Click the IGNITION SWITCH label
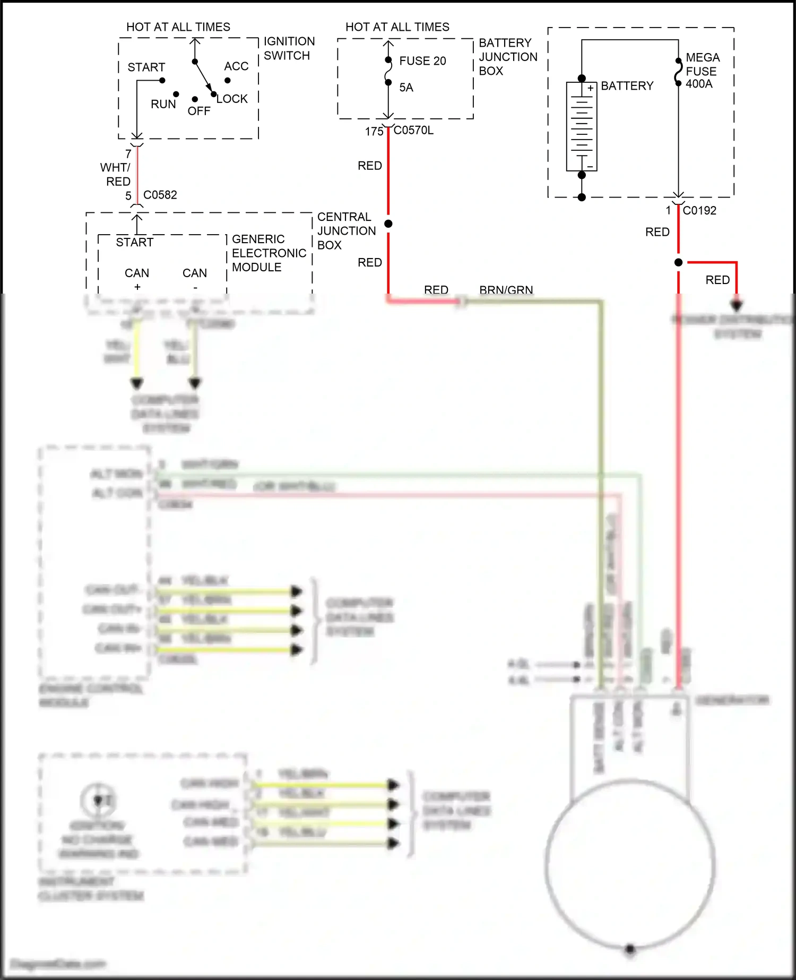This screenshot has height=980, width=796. [x=289, y=48]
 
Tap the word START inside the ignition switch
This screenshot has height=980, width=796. [x=146, y=67]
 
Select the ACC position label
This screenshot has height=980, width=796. [x=236, y=66]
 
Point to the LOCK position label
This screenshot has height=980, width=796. [x=232, y=99]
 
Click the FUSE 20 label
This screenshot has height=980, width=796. [x=422, y=61]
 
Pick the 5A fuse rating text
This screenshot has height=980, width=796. [x=406, y=88]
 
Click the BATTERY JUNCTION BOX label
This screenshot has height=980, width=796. [x=507, y=57]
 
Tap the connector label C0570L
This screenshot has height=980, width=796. [x=413, y=131]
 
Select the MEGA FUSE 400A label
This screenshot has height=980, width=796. [x=702, y=71]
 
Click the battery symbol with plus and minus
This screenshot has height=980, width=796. [x=582, y=126]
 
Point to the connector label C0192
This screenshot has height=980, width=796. [x=699, y=211]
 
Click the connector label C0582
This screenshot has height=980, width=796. [x=160, y=195]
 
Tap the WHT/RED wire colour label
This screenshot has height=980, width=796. [x=116, y=175]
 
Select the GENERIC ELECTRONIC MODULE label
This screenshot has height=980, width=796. [x=269, y=253]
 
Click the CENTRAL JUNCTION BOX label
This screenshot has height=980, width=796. [x=346, y=231]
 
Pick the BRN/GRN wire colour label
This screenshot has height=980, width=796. [x=506, y=290]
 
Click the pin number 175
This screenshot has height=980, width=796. [x=374, y=131]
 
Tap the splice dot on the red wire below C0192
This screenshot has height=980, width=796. [x=678, y=262]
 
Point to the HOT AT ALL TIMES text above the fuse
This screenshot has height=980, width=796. [x=397, y=27]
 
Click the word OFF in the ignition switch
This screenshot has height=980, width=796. [x=199, y=111]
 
